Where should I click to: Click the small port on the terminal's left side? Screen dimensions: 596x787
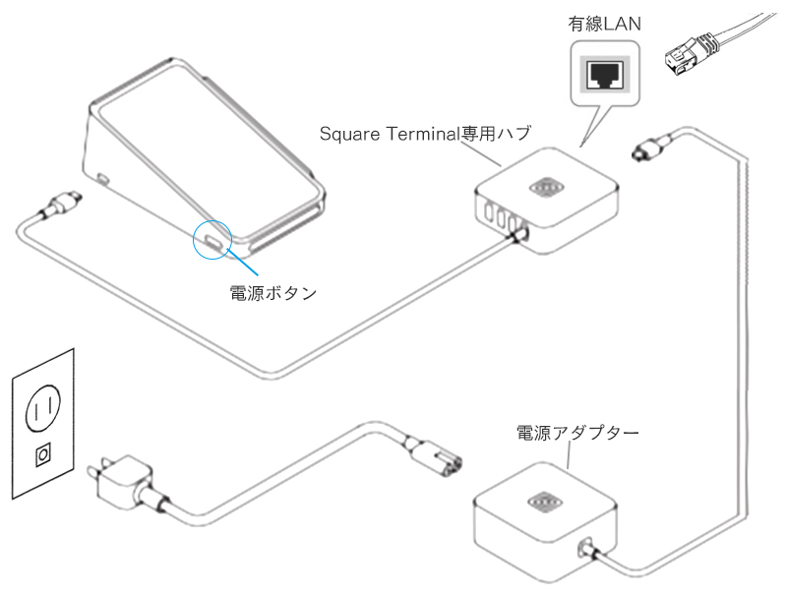[103, 180]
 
